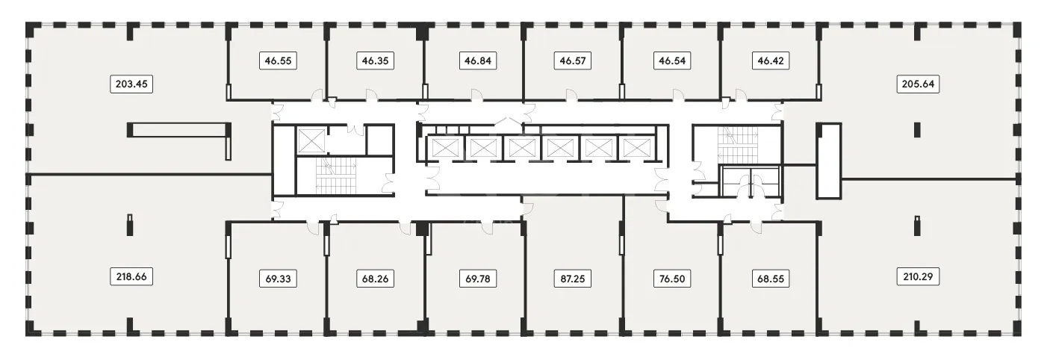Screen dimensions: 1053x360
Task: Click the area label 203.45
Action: pyautogui.click(x=131, y=84)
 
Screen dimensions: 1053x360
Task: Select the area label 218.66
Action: pyautogui.click(x=131, y=277)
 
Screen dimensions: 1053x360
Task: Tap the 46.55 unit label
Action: pyautogui.click(x=279, y=60)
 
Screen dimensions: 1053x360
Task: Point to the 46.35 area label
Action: pyautogui.click(x=375, y=60)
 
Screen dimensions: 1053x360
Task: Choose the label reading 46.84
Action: pyautogui.click(x=478, y=60)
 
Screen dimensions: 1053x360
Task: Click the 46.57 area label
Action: pyautogui.click(x=573, y=60)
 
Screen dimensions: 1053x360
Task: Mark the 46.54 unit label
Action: pyautogui.click(x=672, y=60)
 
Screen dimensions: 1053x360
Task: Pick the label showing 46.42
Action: pyautogui.click(x=771, y=60)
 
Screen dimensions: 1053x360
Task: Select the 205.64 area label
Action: pyautogui.click(x=918, y=84)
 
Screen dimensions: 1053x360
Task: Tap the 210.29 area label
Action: pyautogui.click(x=918, y=277)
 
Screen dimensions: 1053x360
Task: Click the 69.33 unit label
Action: pyautogui.click(x=279, y=279)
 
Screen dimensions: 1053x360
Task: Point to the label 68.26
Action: pyautogui.click(x=375, y=279)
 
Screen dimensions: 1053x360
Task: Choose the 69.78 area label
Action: pyautogui.click(x=478, y=279)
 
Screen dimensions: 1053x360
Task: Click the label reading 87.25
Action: pyautogui.click(x=573, y=279)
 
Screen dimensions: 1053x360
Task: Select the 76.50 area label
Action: pyautogui.click(x=672, y=279)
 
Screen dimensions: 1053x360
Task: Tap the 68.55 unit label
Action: pyautogui.click(x=771, y=279)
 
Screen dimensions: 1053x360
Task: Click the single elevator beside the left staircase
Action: pyautogui.click(x=310, y=140)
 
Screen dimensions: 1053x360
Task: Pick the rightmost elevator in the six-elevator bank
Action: pyautogui.click(x=636, y=148)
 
